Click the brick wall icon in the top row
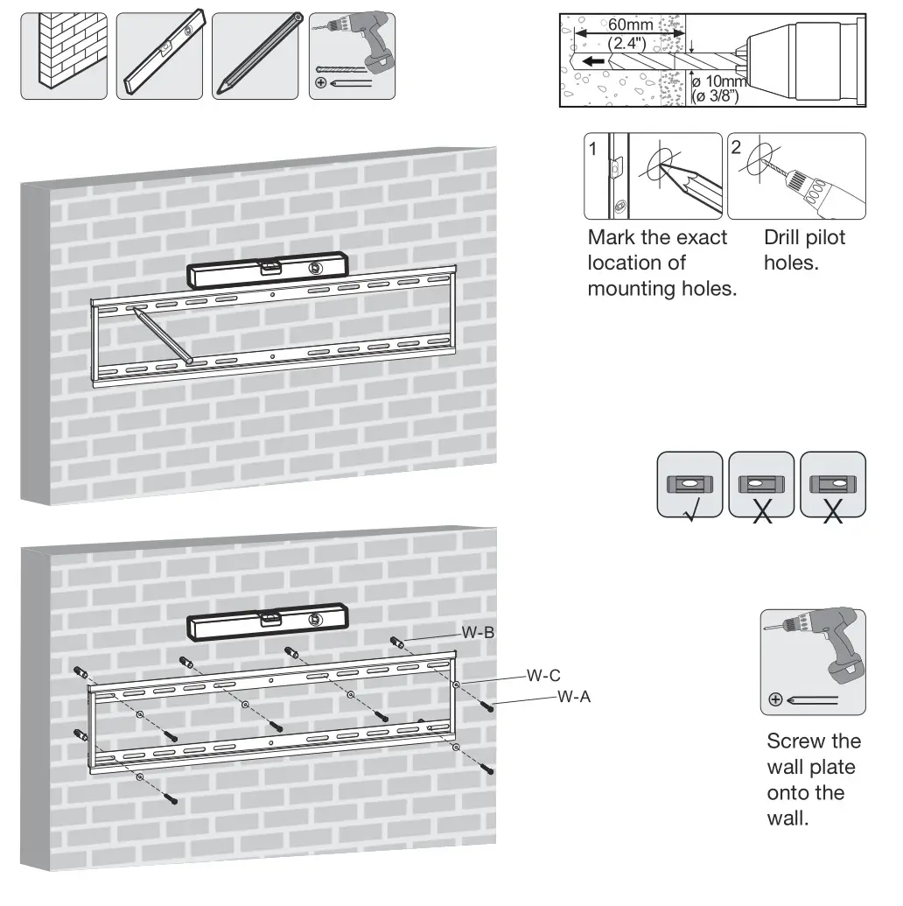point(64,56)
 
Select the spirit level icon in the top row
point(161,56)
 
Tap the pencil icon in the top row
point(257,56)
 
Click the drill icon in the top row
point(352,56)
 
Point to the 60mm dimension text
point(630,25)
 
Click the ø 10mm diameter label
point(718,82)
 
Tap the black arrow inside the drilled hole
point(595,62)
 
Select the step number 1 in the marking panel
point(593,149)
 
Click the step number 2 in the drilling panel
point(737,148)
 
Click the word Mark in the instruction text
point(611,238)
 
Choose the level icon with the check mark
point(689,484)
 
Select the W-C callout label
point(543,676)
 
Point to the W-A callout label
point(574,698)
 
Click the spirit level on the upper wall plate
point(269,269)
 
